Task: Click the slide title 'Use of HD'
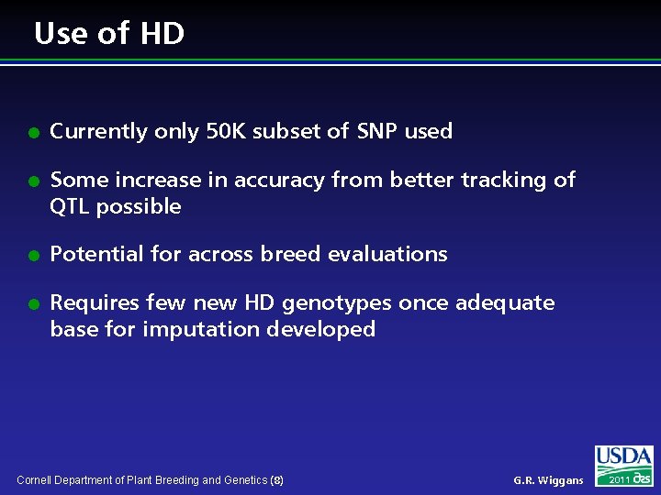pyautogui.click(x=109, y=34)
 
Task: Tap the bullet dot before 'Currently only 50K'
pyautogui.click(x=31, y=132)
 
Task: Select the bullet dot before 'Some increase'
pyautogui.click(x=31, y=181)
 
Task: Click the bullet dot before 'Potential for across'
pyautogui.click(x=31, y=255)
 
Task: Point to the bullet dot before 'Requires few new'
pyautogui.click(x=31, y=303)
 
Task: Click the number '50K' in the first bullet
pyautogui.click(x=226, y=131)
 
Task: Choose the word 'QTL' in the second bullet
pyautogui.click(x=70, y=206)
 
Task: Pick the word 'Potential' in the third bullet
pyautogui.click(x=93, y=254)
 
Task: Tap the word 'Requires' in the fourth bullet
pyautogui.click(x=93, y=302)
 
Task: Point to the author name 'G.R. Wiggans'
pyautogui.click(x=548, y=480)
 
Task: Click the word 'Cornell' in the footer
pyautogui.click(x=36, y=480)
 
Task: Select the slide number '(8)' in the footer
pyautogui.click(x=277, y=480)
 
